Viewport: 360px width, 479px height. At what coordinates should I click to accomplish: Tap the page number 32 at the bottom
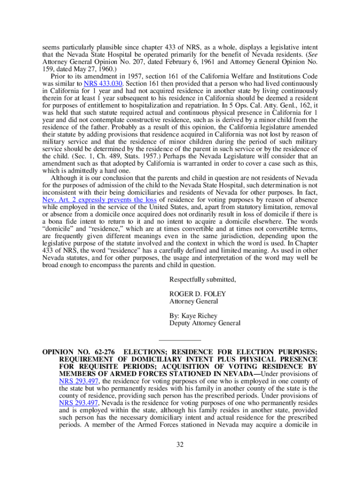pos(180,444)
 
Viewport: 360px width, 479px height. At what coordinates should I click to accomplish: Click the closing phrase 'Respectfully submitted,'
pos(203,280)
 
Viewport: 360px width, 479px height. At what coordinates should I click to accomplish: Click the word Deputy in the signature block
pos(180,323)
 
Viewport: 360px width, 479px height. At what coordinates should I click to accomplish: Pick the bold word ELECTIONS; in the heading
pos(144,352)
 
